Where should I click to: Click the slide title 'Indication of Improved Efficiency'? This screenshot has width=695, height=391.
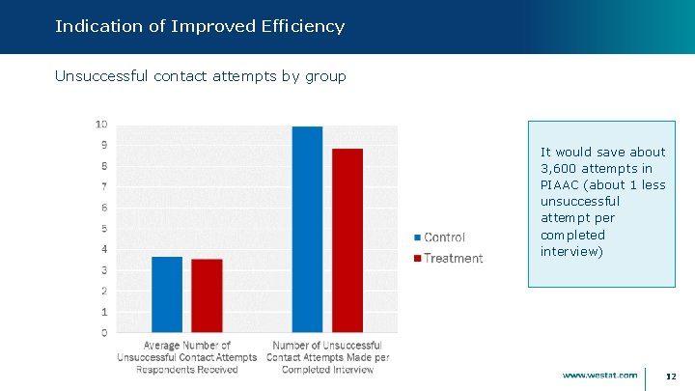click(200, 26)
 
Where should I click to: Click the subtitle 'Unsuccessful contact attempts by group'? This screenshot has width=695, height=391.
click(200, 75)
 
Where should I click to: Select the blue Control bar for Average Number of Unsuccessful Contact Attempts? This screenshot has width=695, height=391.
click(167, 294)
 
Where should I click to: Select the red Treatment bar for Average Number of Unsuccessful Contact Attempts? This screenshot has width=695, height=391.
click(207, 295)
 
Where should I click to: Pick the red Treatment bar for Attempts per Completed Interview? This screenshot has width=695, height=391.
click(347, 240)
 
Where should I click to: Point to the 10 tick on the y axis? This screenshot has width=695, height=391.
click(100, 125)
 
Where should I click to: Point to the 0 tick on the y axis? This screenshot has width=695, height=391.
click(103, 333)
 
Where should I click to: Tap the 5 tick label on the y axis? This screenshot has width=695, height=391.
click(103, 229)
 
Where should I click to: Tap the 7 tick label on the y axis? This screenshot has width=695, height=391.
click(103, 186)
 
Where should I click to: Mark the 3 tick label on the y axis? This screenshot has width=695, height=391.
click(103, 270)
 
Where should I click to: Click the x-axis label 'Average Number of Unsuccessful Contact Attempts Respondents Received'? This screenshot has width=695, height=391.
click(186, 357)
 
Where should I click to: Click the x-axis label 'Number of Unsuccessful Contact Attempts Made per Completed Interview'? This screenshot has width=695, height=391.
click(327, 357)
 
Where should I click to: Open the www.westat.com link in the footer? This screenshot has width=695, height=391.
click(599, 375)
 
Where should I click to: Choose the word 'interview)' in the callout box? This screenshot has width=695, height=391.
click(572, 251)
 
